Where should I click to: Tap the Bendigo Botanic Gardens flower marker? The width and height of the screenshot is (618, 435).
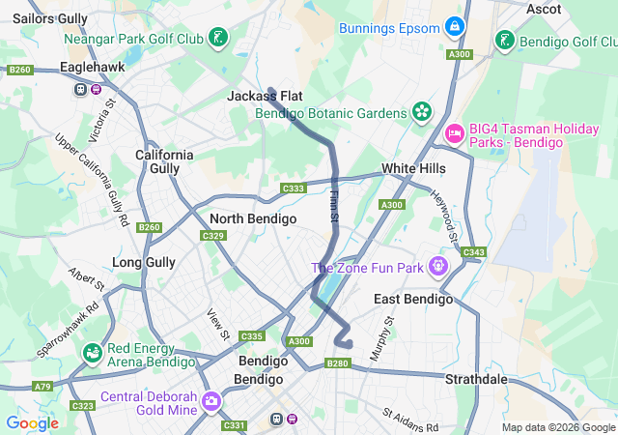pyautogui.click(x=421, y=113)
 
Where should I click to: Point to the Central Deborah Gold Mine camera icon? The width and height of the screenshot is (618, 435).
pyautogui.click(x=211, y=401)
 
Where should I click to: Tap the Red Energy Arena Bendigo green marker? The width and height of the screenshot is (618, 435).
pyautogui.click(x=93, y=354)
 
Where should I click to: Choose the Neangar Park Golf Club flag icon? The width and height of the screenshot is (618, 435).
pyautogui.click(x=221, y=39)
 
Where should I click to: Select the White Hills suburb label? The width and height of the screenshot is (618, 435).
pyautogui.click(x=413, y=168)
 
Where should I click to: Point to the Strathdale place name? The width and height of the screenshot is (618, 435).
pyautogui.click(x=476, y=379)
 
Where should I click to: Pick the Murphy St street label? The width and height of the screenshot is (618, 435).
pyautogui.click(x=381, y=337)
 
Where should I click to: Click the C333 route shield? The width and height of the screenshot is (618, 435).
pyautogui.click(x=294, y=188)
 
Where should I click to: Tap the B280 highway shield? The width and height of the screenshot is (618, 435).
pyautogui.click(x=337, y=363)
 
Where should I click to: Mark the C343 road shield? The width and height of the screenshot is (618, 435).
pyautogui.click(x=473, y=252)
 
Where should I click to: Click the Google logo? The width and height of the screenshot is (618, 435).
pyautogui.click(x=32, y=422)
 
